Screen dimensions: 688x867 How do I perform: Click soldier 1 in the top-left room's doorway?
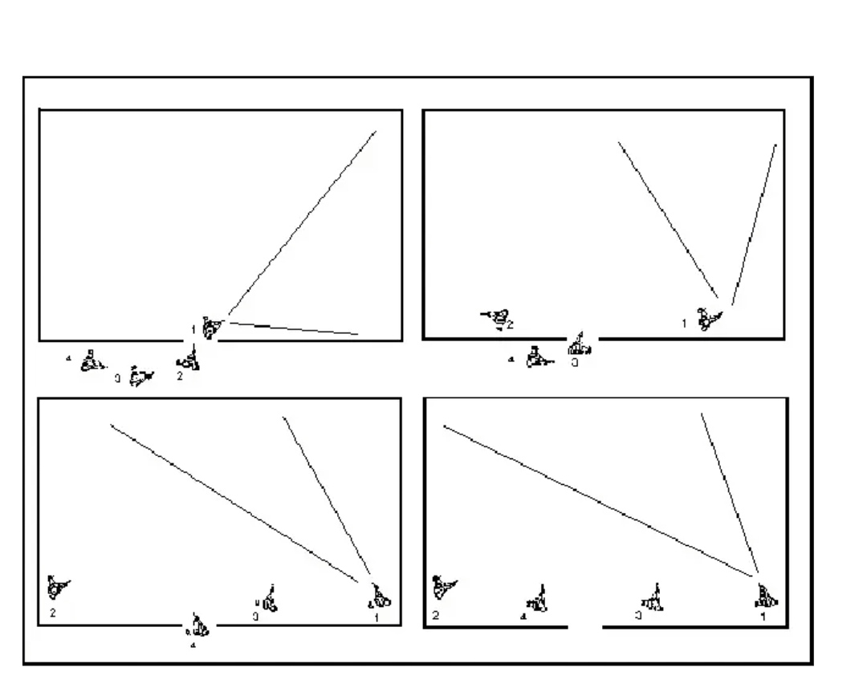(211, 327)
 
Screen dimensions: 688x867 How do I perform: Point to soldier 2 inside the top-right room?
(499, 317)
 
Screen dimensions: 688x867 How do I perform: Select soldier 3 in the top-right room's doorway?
(580, 346)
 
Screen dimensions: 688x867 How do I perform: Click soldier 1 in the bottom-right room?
(766, 595)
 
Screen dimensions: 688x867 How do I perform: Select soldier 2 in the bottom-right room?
(441, 588)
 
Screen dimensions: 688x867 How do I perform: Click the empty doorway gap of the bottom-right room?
(585, 626)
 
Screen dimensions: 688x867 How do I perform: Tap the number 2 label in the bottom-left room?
(52, 613)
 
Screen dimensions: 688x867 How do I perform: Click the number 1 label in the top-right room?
(684, 324)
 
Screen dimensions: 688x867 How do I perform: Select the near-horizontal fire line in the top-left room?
(293, 328)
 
